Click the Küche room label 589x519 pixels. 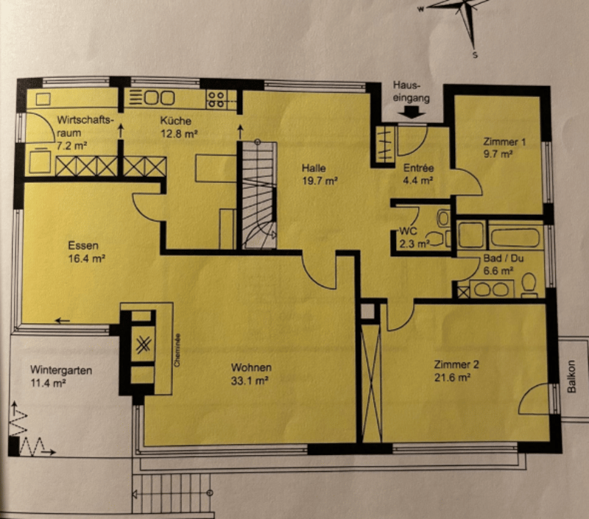[x=175, y=121]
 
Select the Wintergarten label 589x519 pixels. [x=61, y=370]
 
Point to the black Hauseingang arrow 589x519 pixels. [x=412, y=112]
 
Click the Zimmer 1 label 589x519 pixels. [x=504, y=142]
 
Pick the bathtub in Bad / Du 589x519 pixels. [x=515, y=237]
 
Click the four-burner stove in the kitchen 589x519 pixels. [x=216, y=99]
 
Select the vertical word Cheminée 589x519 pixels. [x=177, y=350]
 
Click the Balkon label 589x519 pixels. [x=571, y=377]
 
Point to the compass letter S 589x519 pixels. [x=475, y=55]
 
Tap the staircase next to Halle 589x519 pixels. [x=259, y=195]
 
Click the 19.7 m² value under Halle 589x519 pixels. [x=320, y=181]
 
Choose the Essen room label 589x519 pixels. [x=83, y=246]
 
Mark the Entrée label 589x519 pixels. [x=418, y=168]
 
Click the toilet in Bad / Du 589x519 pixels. [x=529, y=285]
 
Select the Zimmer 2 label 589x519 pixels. [x=456, y=364]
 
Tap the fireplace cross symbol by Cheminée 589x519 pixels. [x=143, y=345]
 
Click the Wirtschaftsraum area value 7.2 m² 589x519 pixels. [x=72, y=145]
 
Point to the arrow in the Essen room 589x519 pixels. [x=63, y=321]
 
